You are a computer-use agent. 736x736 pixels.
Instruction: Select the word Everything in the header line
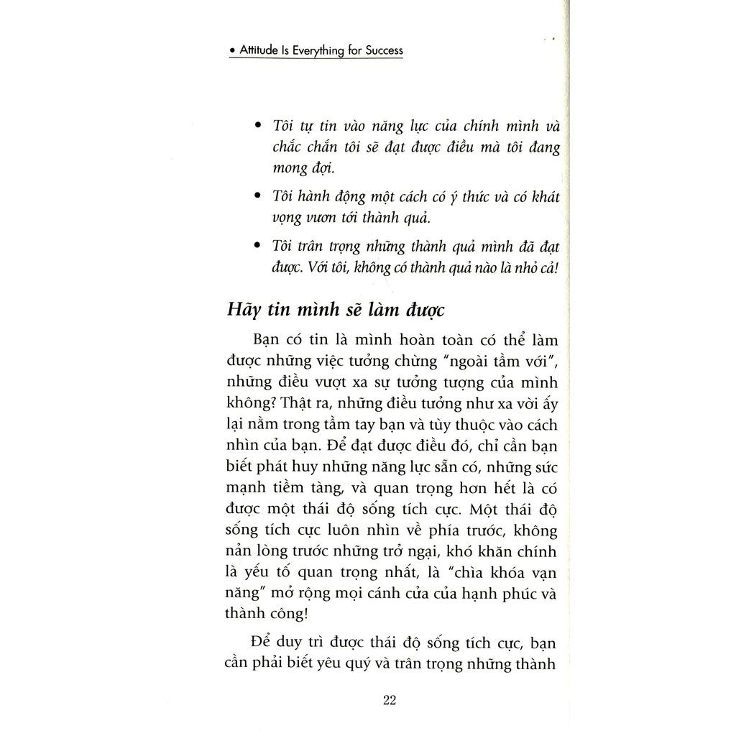(x=316, y=52)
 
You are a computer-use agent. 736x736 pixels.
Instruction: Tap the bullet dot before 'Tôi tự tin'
(x=257, y=125)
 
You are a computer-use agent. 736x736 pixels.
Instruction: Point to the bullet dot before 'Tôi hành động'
(x=257, y=195)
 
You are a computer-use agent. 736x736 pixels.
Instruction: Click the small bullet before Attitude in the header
(x=232, y=52)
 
